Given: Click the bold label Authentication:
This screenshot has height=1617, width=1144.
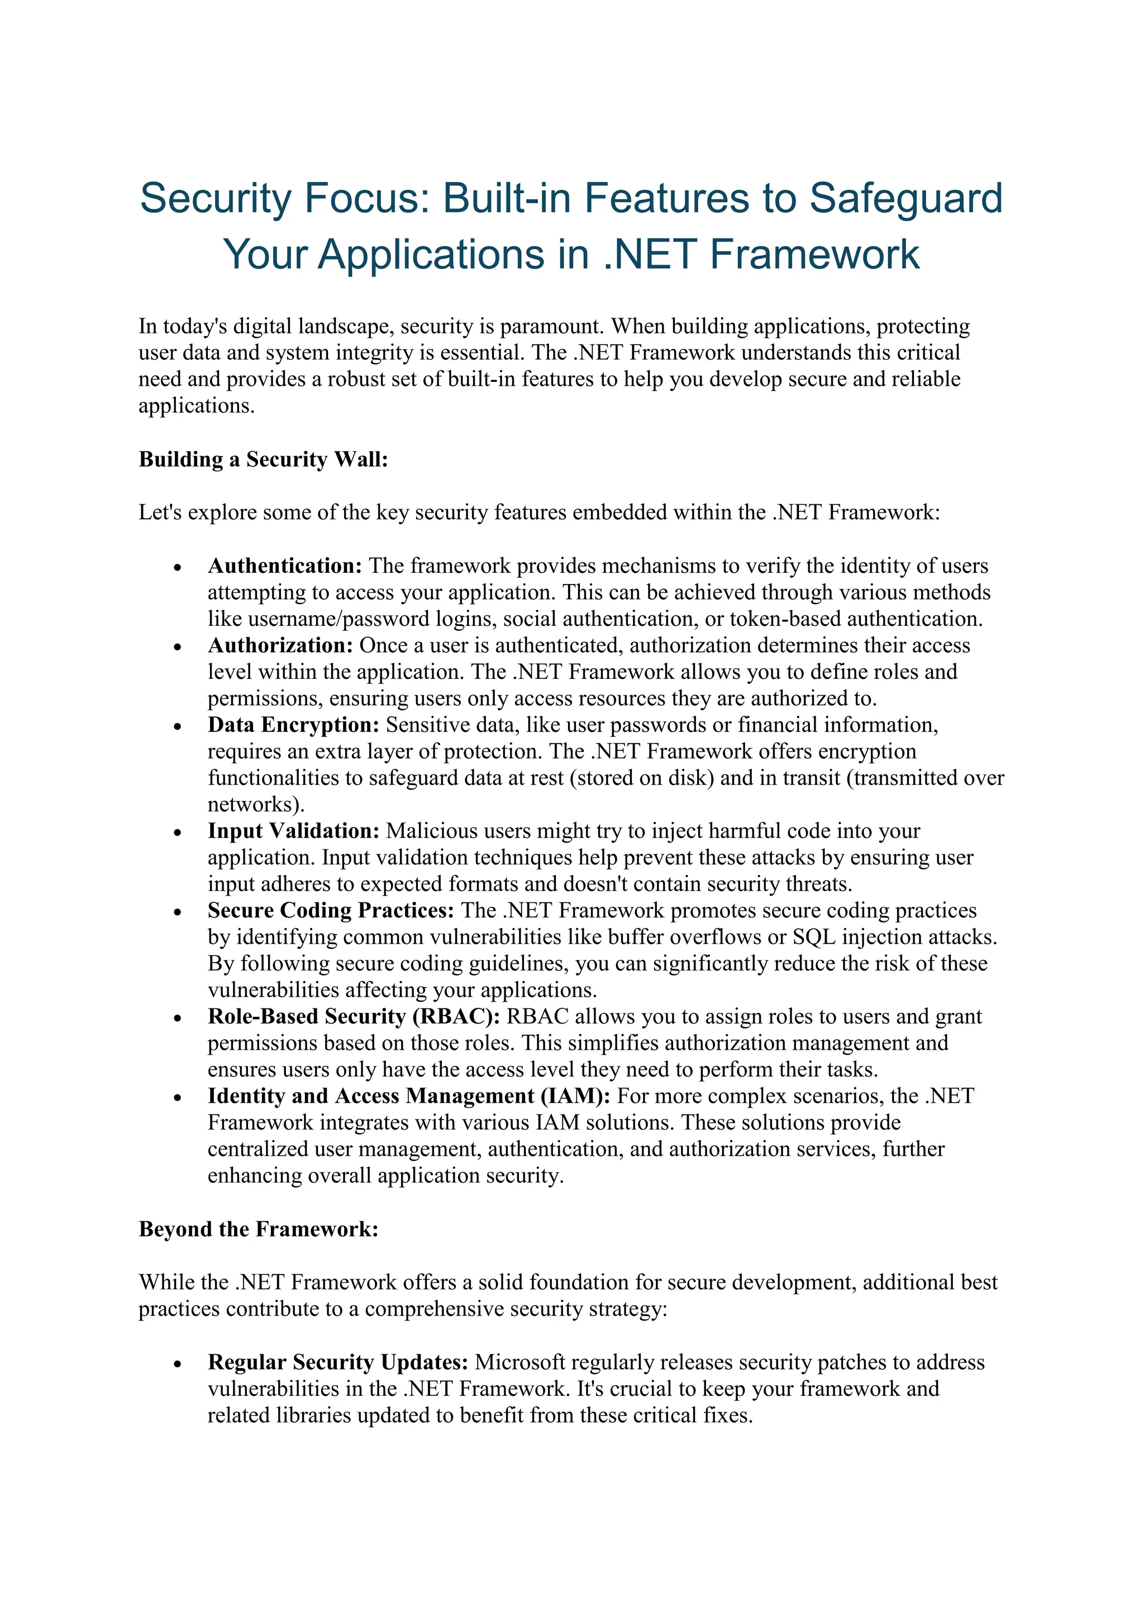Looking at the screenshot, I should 284,566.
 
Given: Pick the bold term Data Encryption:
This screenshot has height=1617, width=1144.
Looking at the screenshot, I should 293,725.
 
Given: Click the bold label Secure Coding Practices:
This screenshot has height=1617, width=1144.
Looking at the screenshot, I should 330,911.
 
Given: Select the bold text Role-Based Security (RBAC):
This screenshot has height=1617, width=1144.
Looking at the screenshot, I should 354,1017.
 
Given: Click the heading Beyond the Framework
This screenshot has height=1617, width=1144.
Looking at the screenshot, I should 259,1229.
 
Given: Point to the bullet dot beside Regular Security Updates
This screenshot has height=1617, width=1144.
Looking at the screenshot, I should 178,1364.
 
